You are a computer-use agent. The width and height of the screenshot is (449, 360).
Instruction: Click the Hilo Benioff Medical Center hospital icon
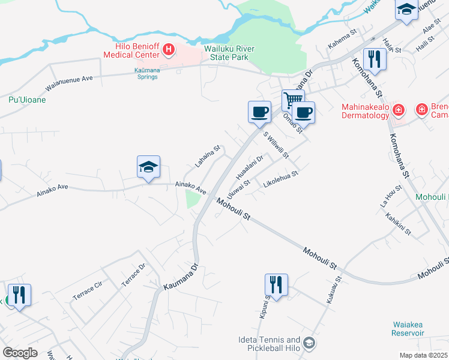[x=169, y=50]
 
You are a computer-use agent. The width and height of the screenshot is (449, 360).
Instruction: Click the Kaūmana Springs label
[x=143, y=73]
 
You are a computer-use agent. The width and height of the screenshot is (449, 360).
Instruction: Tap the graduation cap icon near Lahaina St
[x=148, y=167]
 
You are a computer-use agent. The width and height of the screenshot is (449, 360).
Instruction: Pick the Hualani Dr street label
[x=250, y=166]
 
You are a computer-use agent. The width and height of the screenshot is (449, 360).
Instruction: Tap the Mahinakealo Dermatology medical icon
[x=400, y=110]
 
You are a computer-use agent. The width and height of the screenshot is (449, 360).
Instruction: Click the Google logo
[x=20, y=353]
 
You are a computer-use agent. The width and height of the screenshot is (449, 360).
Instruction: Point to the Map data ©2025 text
[x=423, y=355]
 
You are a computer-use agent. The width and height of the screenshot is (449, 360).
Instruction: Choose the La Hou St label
[x=391, y=196]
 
